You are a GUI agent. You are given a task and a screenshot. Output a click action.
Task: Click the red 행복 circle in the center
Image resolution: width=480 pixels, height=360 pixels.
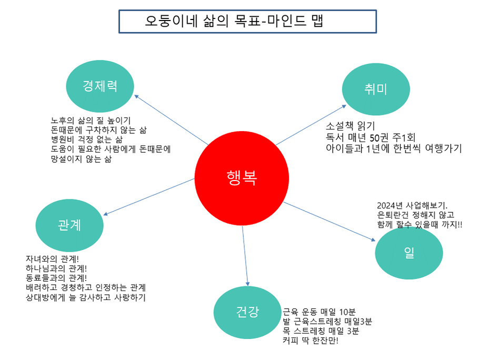coord(242,178)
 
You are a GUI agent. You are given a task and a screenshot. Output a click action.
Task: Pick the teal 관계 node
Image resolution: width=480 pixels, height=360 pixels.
coord(69,225)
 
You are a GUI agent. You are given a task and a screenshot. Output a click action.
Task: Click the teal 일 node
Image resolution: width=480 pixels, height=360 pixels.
coord(409,253)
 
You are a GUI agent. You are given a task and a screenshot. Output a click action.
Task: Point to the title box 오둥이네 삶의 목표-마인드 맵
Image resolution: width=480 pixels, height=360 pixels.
coord(247,21)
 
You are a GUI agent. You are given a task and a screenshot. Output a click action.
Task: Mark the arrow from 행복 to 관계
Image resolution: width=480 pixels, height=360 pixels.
coord(150,196)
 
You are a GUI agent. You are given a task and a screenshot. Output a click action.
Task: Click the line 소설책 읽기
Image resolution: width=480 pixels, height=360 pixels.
coord(351,126)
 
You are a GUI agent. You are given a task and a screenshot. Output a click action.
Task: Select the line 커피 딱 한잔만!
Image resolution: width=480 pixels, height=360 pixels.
coord(311,341)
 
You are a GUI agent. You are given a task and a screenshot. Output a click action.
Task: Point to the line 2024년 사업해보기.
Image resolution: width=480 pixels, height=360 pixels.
coord(412,205)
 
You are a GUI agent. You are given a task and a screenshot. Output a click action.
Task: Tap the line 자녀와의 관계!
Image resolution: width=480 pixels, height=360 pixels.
coord(52,259)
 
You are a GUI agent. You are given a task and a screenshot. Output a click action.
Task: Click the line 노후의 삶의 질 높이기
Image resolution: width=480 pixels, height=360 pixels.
coord(91,121)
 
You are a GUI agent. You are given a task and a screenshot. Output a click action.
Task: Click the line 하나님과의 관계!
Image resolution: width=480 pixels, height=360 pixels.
coord(56,268)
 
